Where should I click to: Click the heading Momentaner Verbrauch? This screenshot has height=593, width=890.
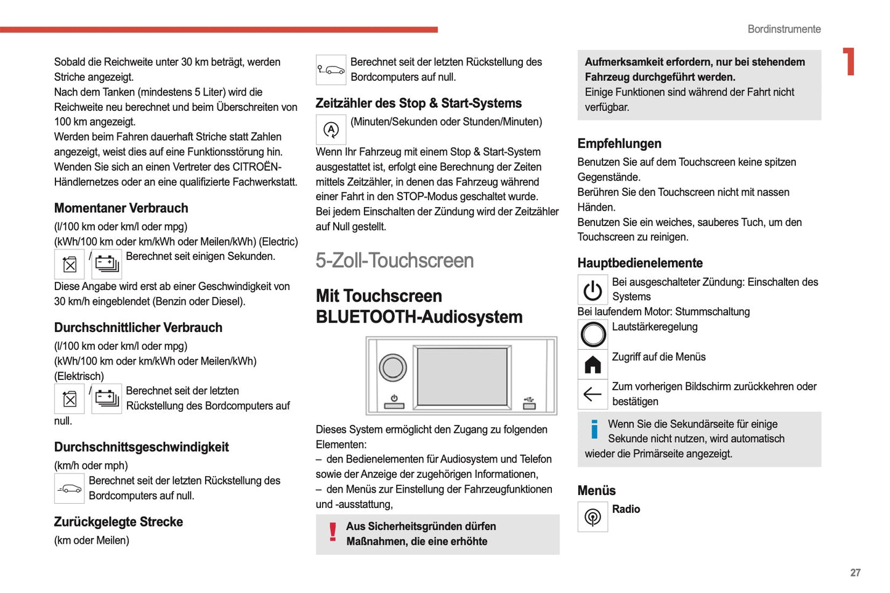(121, 208)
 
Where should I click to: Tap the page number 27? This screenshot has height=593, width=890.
(855, 573)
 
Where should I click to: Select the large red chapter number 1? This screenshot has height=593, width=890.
(849, 62)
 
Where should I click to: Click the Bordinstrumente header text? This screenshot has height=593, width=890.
(783, 29)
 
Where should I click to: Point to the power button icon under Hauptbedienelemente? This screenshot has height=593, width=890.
(593, 289)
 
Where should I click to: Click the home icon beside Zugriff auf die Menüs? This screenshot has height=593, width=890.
(593, 365)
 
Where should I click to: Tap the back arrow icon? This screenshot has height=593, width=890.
(593, 394)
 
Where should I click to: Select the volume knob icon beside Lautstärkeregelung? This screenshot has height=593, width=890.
(593, 334)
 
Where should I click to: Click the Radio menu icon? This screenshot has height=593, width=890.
(593, 517)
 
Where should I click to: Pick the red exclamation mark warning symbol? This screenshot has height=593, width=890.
(333, 532)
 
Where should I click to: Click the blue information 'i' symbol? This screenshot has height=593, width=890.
(594, 429)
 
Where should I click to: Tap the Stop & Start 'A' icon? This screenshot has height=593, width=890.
(331, 130)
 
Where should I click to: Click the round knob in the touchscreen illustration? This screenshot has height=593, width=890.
(392, 368)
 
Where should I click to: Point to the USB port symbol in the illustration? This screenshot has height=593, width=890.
(529, 403)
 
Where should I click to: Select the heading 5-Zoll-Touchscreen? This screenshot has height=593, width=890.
(394, 260)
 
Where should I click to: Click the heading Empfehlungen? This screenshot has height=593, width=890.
(619, 143)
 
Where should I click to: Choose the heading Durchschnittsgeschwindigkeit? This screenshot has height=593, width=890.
(141, 447)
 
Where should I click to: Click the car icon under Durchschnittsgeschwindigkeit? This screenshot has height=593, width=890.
(70, 489)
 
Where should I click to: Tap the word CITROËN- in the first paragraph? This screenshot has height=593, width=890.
(256, 167)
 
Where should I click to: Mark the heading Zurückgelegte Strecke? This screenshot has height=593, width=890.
(118, 522)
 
